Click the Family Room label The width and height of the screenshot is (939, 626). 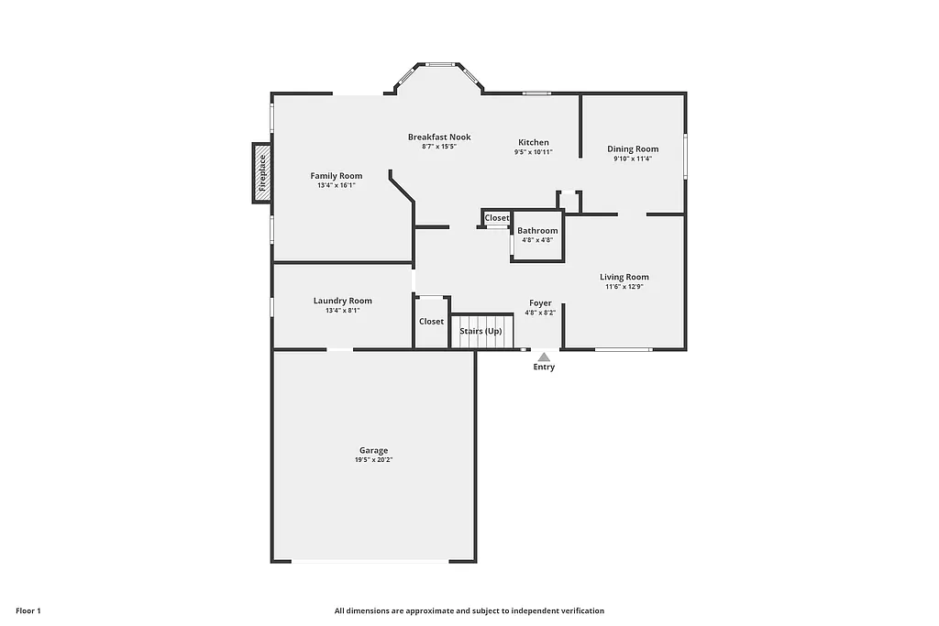336,176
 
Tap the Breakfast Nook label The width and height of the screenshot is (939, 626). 439,137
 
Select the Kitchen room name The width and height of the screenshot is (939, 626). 534,142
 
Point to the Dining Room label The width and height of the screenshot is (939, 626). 633,149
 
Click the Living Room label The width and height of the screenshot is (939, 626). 624,277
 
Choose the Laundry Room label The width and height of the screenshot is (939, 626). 342,301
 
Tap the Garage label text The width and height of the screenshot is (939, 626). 373,450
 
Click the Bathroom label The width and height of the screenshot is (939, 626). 537,231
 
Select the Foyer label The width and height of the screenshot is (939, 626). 540,303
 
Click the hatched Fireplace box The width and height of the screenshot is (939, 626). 262,173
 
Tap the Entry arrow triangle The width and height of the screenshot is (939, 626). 544,357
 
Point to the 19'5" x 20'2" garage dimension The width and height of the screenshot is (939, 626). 373,460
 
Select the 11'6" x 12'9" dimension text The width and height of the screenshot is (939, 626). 624,287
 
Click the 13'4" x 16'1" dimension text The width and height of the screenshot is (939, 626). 336,185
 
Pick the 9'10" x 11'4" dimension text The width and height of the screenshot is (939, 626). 633,159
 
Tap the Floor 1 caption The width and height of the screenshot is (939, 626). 28,610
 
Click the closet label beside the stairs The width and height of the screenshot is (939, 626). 431,322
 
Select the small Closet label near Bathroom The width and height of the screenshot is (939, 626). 497,218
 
